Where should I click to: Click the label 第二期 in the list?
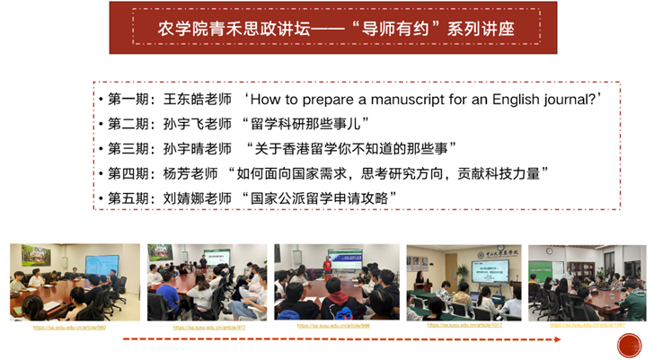coord(129,123)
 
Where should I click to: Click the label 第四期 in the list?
coord(129,172)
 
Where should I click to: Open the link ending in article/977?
coord(208,329)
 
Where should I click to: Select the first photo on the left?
coord(75,282)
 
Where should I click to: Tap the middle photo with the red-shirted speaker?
coord(336,281)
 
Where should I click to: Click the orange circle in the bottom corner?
coord(629,345)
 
